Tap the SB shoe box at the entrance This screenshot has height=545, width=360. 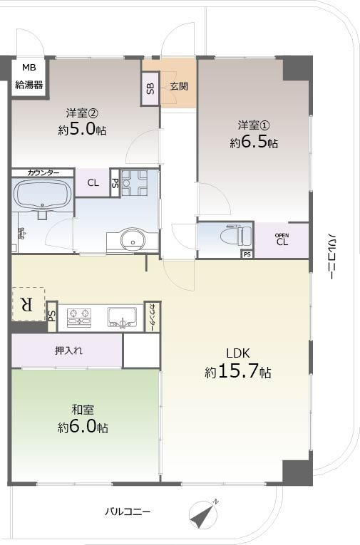tap(150, 88)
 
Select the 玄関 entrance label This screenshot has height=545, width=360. tap(178, 87)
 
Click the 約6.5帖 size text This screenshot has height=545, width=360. tap(254, 142)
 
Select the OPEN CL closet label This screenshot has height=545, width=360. tap(282, 239)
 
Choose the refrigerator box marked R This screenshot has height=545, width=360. tap(27, 304)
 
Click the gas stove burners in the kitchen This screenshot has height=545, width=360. tap(79, 316)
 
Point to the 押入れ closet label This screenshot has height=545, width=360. tap(68, 351)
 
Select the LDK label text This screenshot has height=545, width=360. tap(237, 353)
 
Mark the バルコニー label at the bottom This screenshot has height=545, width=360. tap(128, 512)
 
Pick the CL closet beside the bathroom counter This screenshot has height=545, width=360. tap(93, 182)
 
